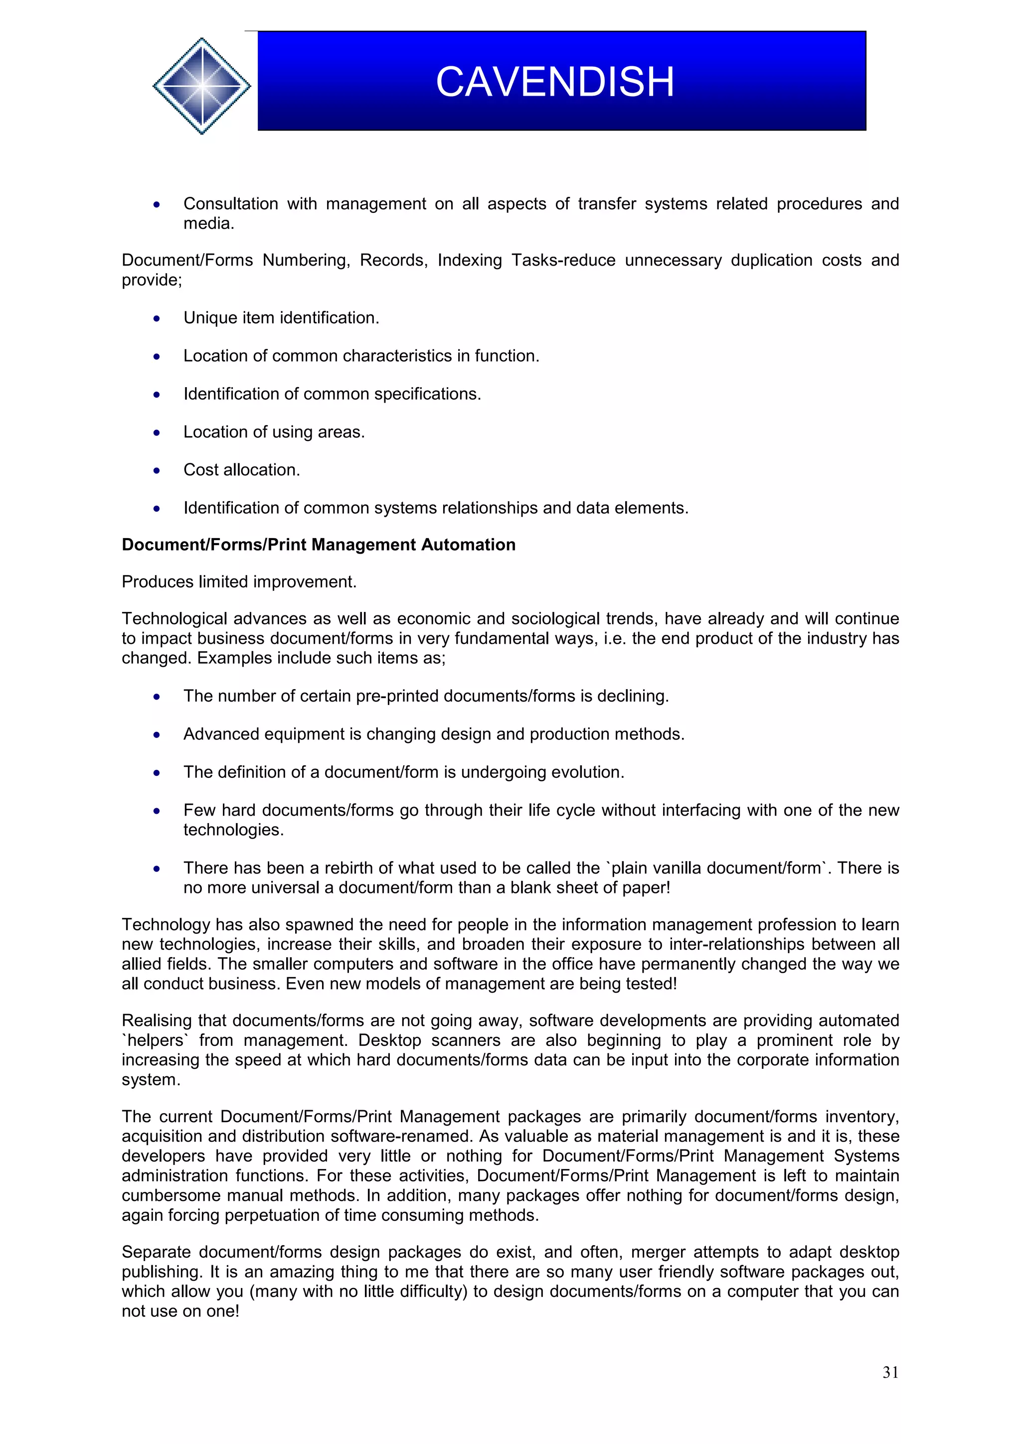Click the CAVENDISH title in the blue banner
point(555,82)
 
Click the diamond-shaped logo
point(202,86)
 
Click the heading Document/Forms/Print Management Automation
point(319,545)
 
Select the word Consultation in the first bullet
point(230,204)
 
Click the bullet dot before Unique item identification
point(157,319)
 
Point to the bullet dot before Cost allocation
point(157,471)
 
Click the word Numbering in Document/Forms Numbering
point(305,261)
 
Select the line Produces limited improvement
point(239,582)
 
